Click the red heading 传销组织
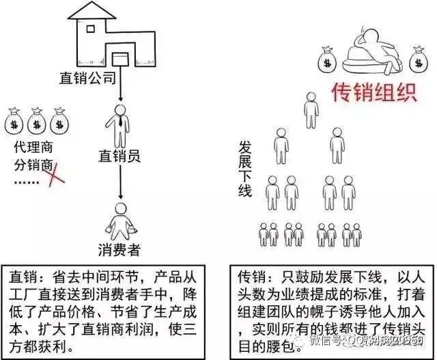pyautogui.click(x=373, y=92)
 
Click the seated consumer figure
pyautogui.click(x=119, y=219)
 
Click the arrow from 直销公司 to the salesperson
pyautogui.click(x=120, y=85)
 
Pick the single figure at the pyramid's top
pyautogui.click(x=311, y=109)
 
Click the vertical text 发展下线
pyautogui.click(x=245, y=168)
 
